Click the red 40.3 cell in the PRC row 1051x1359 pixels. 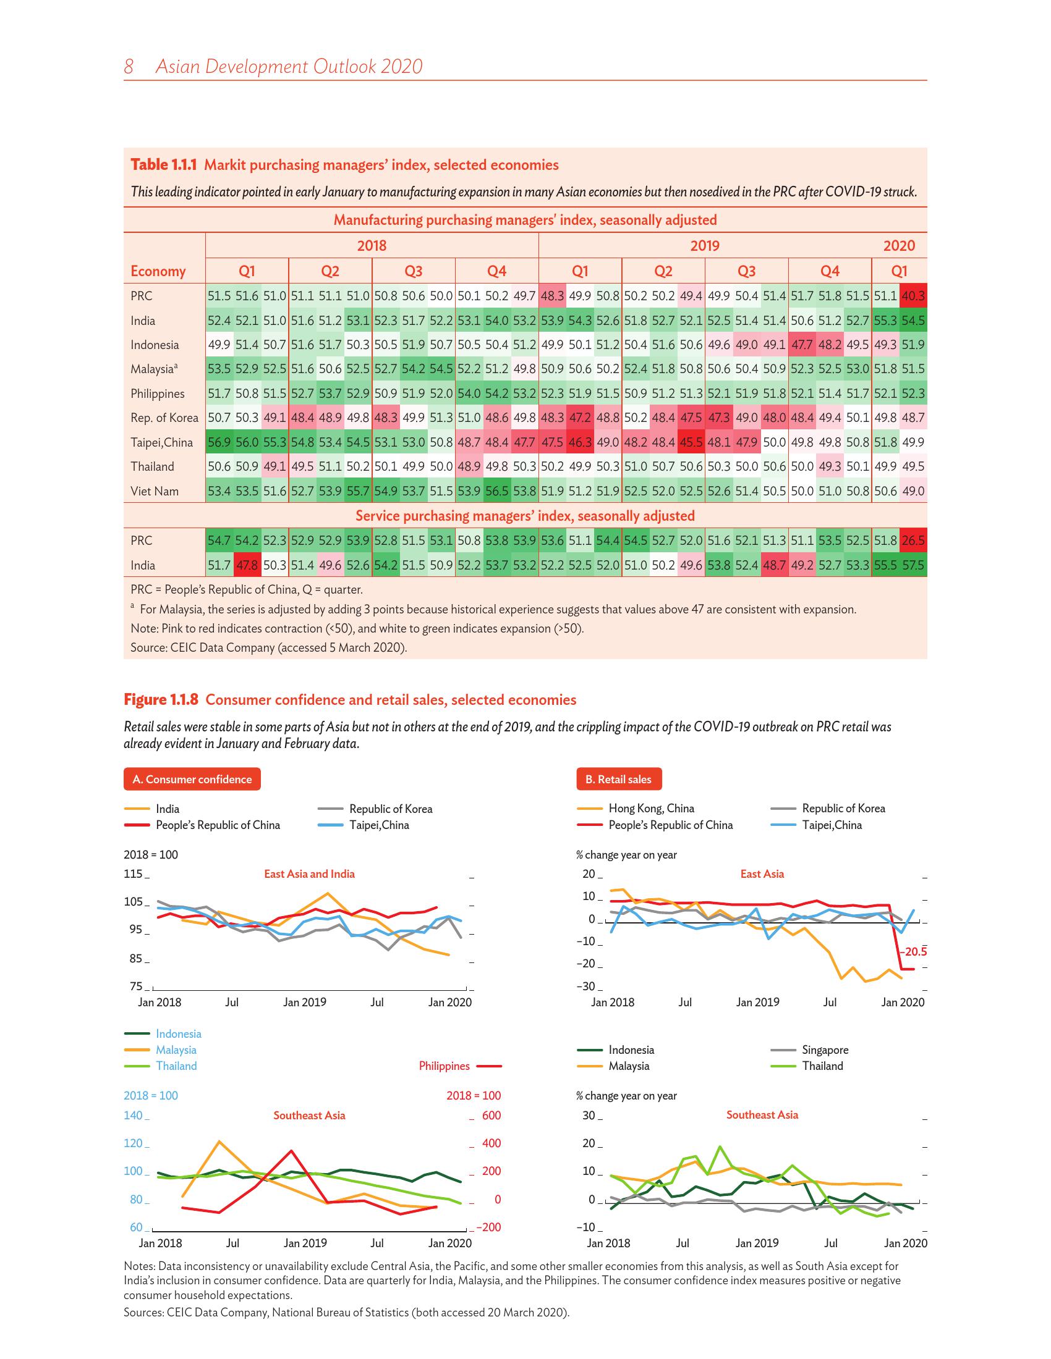pos(913,296)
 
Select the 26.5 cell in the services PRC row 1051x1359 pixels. pos(913,541)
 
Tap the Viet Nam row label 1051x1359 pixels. pos(155,491)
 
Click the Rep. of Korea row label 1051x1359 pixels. pos(164,418)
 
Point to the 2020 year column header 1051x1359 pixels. pos(898,246)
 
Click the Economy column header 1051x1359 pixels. pos(158,271)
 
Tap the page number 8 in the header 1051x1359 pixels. pos(129,67)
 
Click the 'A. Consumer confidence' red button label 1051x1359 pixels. pos(192,779)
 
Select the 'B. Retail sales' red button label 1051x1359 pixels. pos(618,779)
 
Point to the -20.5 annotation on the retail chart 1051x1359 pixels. pos(913,951)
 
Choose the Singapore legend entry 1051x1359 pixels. pos(825,1050)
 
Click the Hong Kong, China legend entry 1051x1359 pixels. pos(651,809)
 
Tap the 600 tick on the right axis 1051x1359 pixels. pos(491,1115)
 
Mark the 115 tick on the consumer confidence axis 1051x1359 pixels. pos(134,873)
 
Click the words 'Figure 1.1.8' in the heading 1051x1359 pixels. pos(161,699)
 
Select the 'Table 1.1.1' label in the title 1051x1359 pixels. pos(164,165)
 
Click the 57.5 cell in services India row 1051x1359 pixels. pos(913,565)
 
